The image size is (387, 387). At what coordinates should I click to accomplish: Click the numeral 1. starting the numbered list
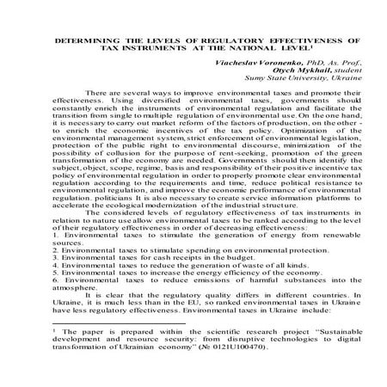54,257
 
